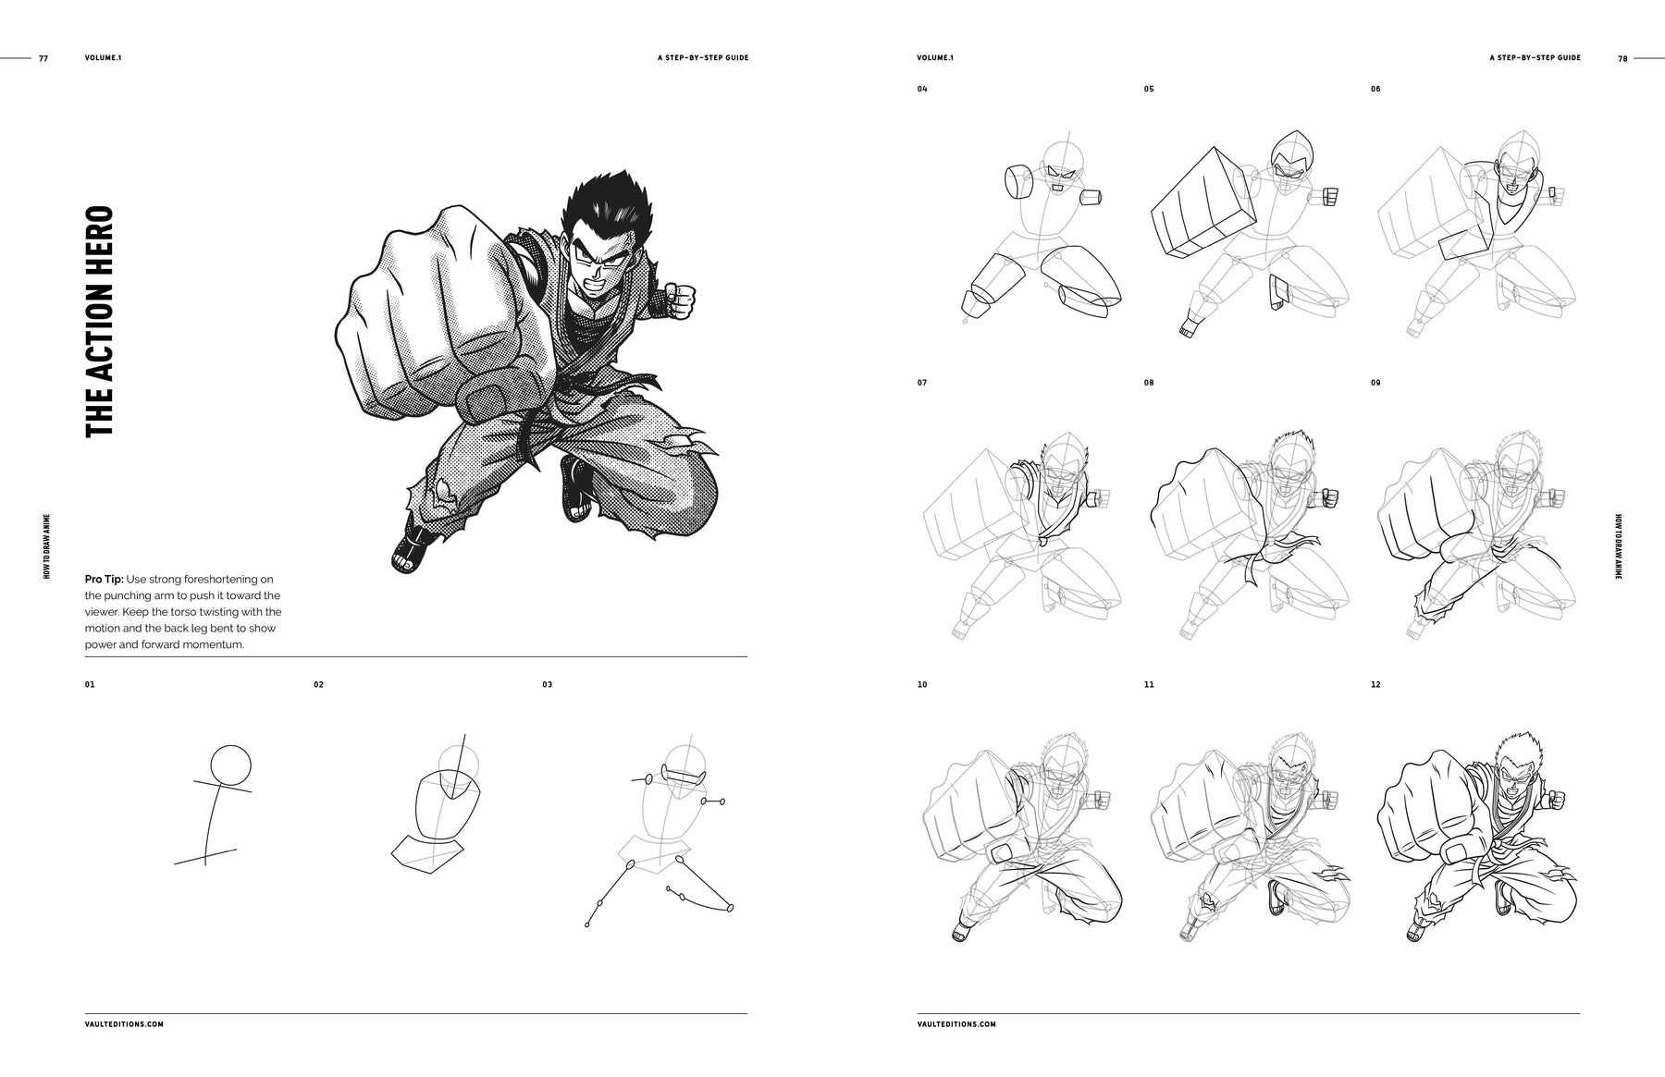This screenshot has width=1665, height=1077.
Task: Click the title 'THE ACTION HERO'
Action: [x=99, y=322]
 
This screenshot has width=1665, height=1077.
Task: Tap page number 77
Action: [x=43, y=58]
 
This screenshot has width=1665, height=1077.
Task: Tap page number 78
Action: [x=1622, y=58]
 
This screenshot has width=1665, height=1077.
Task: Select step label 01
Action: [x=89, y=685]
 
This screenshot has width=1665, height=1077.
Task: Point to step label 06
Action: [x=1375, y=90]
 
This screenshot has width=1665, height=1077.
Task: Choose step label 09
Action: [x=1375, y=383]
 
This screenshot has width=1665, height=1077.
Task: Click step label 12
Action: [x=1375, y=685]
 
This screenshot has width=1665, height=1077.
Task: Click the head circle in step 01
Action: [x=230, y=765]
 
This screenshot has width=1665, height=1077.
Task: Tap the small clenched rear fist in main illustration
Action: [x=683, y=300]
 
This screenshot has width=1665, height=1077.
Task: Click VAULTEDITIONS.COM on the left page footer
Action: [x=124, y=1024]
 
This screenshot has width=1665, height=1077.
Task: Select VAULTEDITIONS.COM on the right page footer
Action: [x=956, y=1024]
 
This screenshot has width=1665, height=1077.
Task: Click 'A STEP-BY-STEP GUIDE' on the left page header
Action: [x=702, y=58]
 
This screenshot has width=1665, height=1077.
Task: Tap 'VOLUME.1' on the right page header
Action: [x=934, y=58]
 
